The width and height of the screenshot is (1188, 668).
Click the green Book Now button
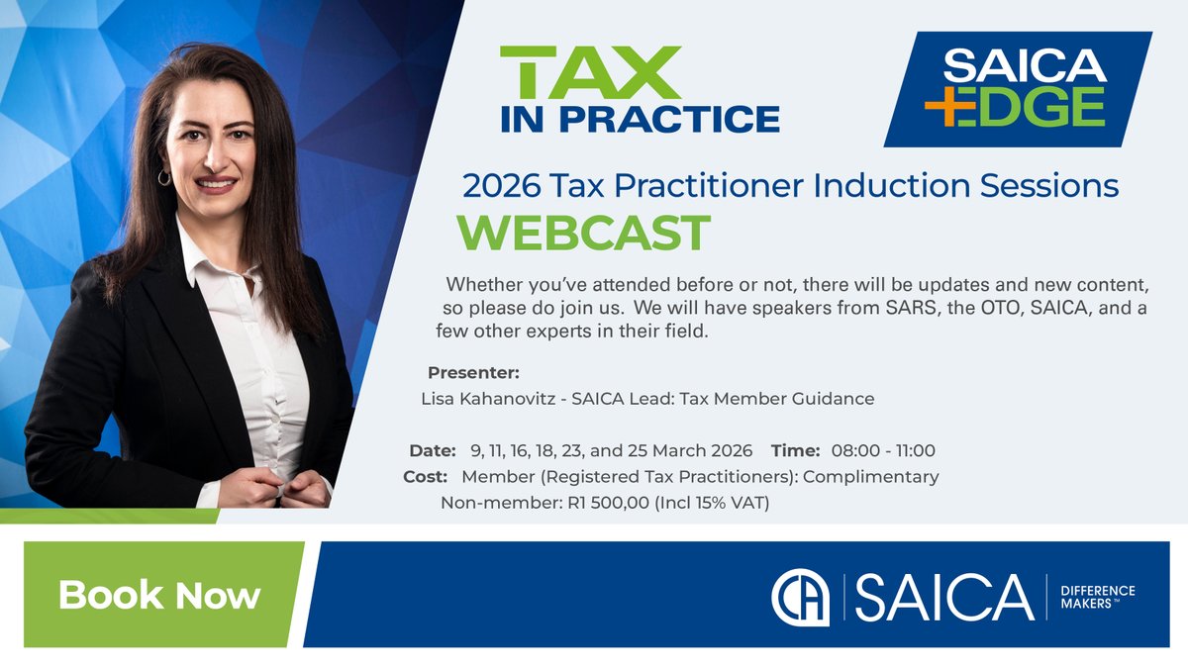158,595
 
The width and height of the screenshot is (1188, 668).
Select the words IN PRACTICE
640,118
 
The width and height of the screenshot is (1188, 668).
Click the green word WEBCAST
583,233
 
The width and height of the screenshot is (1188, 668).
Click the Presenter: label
472,373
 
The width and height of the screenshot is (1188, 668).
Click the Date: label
432,451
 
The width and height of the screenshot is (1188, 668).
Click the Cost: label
425,477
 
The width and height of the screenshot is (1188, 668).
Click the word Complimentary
870,477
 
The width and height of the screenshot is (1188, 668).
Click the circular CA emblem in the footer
800,597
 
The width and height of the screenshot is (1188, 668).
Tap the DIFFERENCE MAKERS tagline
1097,598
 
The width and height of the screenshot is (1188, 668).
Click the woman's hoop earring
163,177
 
